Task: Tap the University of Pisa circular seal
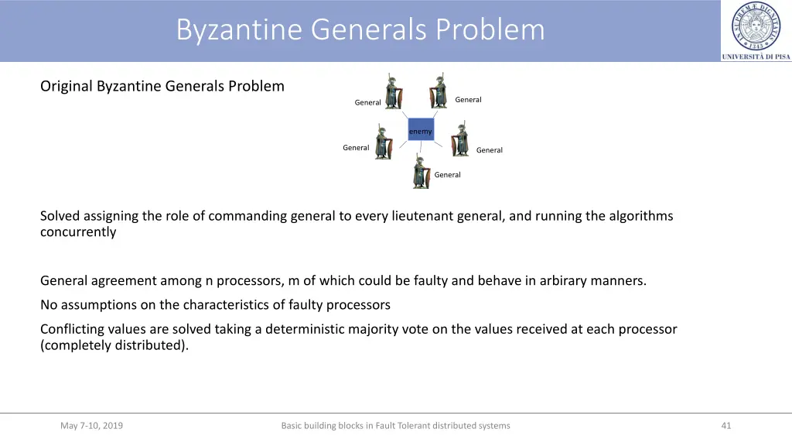[x=756, y=26]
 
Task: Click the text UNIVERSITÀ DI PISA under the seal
[x=756, y=57]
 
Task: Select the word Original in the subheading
[x=67, y=86]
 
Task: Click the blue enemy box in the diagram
[x=421, y=130]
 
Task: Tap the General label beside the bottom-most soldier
[x=447, y=175]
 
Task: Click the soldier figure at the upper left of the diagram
[x=392, y=91]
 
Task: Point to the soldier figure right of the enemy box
[x=460, y=139]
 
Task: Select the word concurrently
[x=78, y=232]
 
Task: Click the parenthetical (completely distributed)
[x=114, y=345]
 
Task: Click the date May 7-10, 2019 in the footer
[x=91, y=425]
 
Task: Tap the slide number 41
[x=725, y=425]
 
